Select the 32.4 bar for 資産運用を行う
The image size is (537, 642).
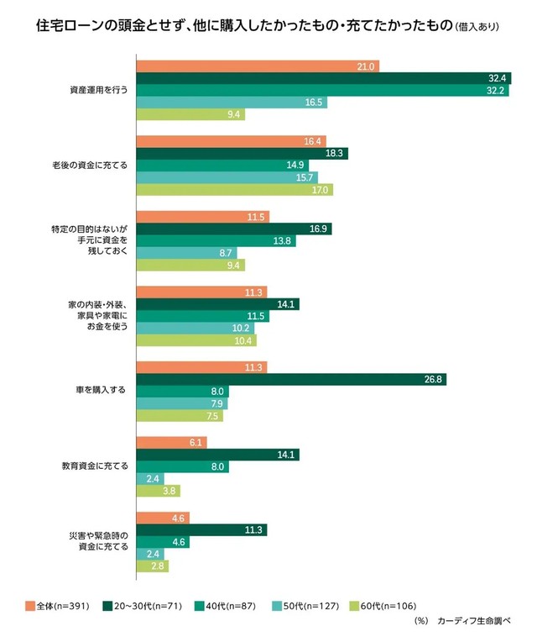pyautogui.click(x=323, y=78)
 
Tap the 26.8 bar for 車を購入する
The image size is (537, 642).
pyautogui.click(x=289, y=379)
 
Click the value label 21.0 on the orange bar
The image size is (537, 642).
pyautogui.click(x=365, y=66)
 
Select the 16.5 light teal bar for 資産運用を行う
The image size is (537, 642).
pyautogui.click(x=231, y=103)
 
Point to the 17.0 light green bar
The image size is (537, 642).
pyautogui.click(x=234, y=190)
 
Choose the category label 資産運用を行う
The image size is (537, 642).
pyautogui.click(x=99, y=90)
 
